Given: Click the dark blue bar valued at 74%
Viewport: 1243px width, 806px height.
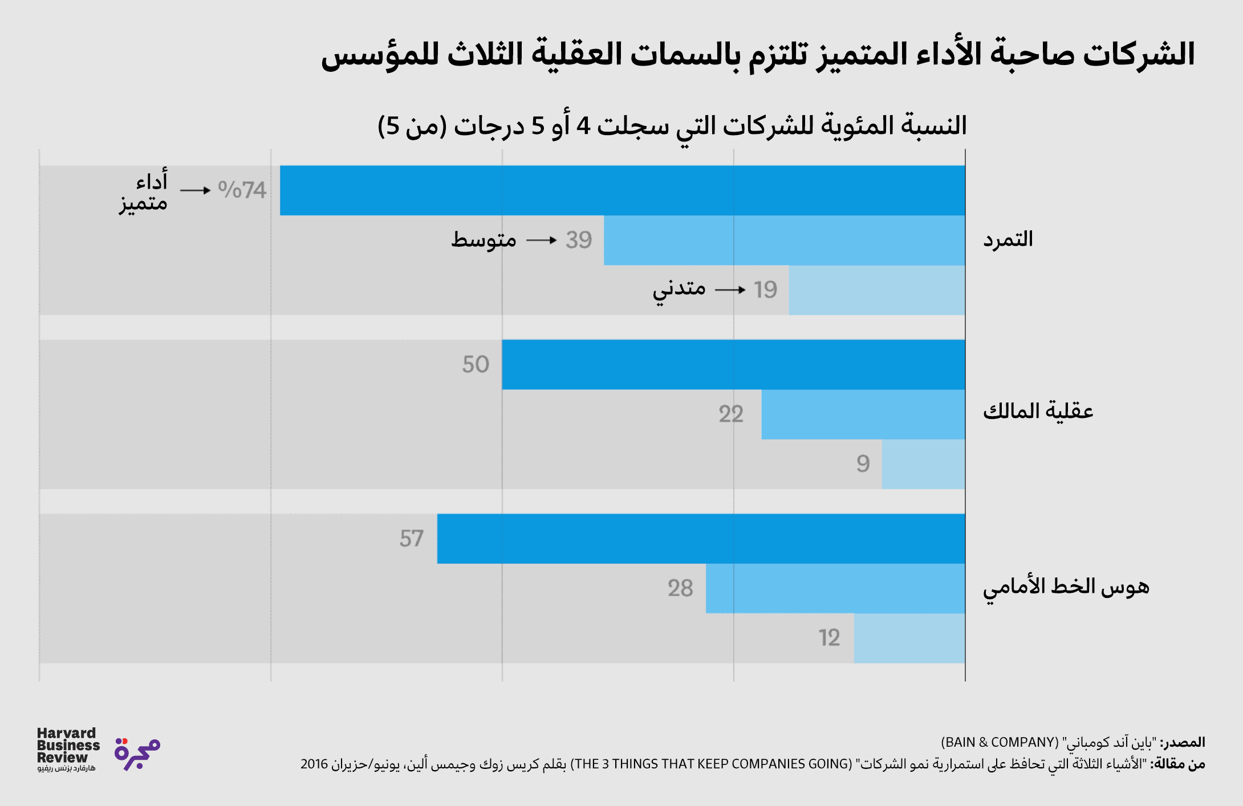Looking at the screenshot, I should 621,190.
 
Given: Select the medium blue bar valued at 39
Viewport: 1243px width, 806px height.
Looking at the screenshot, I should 784,240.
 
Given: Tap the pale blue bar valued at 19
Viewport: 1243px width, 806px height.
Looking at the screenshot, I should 877,290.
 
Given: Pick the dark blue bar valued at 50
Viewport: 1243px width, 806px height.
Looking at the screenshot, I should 733,364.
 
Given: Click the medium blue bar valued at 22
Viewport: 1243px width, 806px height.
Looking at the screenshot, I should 863,414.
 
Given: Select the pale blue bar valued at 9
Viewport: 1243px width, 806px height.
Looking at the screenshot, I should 923,464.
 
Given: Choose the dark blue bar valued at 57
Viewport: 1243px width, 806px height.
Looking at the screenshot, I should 701,539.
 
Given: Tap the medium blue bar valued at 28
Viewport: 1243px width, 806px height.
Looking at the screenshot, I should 835,588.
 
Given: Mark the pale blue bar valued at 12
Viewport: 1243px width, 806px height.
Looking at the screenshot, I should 909,638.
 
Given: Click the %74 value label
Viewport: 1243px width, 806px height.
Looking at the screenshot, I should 242,190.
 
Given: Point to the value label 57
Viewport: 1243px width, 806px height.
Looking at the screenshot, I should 411,539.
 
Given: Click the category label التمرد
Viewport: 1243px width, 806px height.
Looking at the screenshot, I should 1008,239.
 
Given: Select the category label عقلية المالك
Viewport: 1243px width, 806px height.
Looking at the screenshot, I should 1037,411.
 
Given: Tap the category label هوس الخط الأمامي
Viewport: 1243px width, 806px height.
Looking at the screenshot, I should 1065,587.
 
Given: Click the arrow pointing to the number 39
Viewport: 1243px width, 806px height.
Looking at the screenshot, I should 541,241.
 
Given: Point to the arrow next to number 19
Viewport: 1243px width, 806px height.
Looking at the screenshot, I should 730,290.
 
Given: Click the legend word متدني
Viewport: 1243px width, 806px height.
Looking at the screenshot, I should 679,290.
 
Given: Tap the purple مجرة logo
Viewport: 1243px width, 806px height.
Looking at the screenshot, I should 137,754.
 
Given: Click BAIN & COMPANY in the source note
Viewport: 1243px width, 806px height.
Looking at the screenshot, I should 999,742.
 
